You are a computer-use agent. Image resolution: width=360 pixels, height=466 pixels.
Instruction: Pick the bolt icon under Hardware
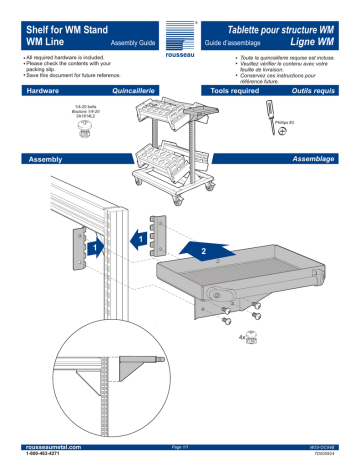(84, 126)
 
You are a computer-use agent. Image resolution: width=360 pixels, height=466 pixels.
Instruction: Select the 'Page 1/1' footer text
(179, 451)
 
